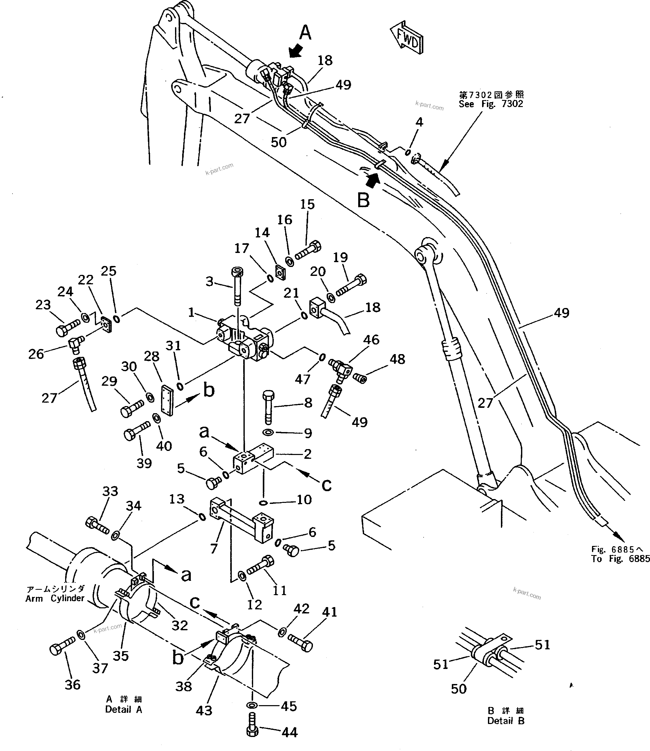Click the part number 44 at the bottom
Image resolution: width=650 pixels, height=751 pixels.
[x=290, y=732]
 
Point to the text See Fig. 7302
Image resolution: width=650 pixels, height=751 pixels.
[x=491, y=104]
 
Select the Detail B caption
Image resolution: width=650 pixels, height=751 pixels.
[x=506, y=721]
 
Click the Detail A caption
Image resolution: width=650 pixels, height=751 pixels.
[x=124, y=709]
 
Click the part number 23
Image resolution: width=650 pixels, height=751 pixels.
[x=43, y=305]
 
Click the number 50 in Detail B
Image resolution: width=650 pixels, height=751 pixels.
[x=458, y=689]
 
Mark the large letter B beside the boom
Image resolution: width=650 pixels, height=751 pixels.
[x=364, y=200]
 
